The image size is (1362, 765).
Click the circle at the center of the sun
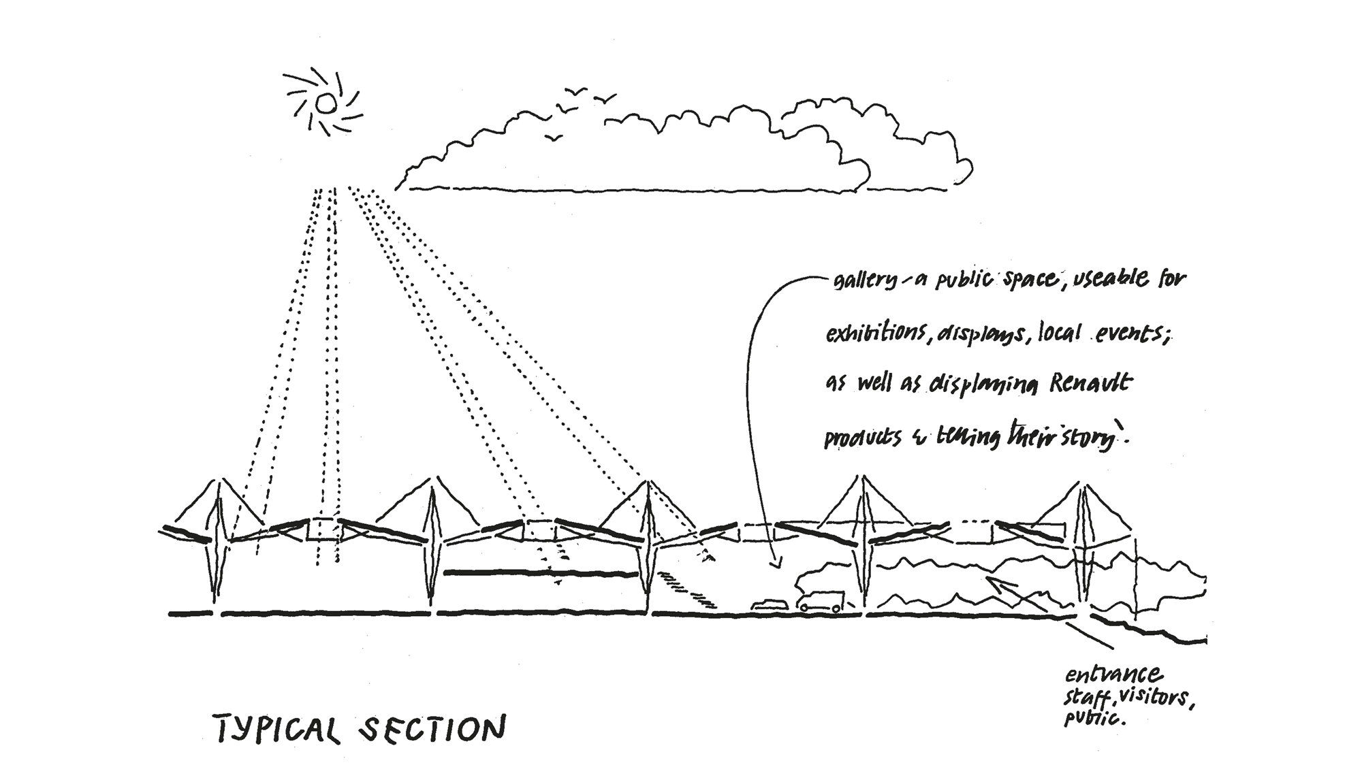tap(325, 103)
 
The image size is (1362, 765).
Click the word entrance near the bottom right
tap(1113, 676)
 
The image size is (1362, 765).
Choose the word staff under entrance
tap(1087, 700)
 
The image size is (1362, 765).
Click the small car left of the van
tap(769, 604)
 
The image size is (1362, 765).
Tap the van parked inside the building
tap(821, 602)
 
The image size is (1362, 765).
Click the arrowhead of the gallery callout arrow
tap(774, 566)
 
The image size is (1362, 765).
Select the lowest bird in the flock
tap(556, 138)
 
